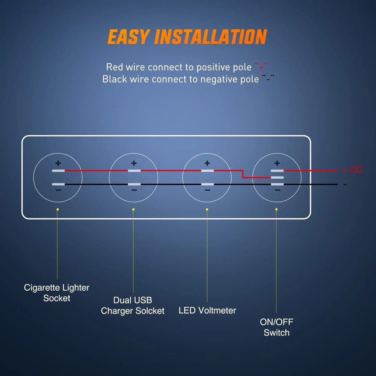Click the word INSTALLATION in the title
211,37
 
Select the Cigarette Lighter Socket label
57,293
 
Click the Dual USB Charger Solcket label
133,306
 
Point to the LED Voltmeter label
207,311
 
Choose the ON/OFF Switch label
276,327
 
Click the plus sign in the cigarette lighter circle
58,163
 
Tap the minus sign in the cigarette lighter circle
58,191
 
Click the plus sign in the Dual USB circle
134,163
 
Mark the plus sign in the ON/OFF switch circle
277,163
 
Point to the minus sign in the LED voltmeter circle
208,191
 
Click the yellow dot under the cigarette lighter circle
58,209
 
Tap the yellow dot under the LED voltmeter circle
207,209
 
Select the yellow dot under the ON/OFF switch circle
276,209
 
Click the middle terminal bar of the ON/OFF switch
277,177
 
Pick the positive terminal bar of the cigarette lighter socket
58,171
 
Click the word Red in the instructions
114,67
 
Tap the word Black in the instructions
115,79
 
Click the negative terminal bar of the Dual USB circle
134,184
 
